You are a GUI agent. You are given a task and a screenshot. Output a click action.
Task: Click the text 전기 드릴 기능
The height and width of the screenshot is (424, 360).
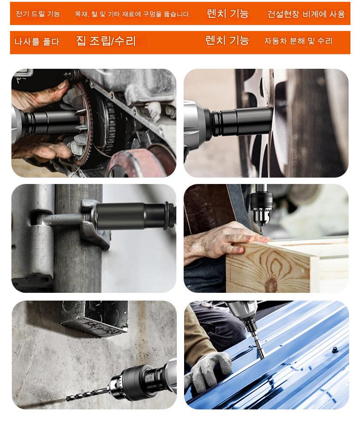pos(38,14)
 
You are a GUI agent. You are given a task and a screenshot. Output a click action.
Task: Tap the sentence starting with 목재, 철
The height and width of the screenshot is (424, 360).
pos(133,14)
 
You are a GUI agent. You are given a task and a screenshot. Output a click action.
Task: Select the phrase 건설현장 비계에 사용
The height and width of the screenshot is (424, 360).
pos(306,14)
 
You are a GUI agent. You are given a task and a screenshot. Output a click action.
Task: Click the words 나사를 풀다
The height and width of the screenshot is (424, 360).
pos(37,41)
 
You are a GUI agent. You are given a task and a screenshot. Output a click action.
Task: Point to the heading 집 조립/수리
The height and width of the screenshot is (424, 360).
pos(106,41)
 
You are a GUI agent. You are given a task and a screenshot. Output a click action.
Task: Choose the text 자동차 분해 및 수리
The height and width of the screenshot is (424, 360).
pos(298,41)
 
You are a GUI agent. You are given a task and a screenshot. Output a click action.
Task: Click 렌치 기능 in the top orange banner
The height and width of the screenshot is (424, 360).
pos(227,14)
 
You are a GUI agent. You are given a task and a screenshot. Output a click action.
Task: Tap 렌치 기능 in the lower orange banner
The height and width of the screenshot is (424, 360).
pos(227,40)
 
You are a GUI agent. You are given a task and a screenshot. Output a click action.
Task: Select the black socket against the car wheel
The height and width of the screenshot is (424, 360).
pos(242,121)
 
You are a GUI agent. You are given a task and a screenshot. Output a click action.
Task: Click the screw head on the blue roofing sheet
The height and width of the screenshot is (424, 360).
pos(335,350)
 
